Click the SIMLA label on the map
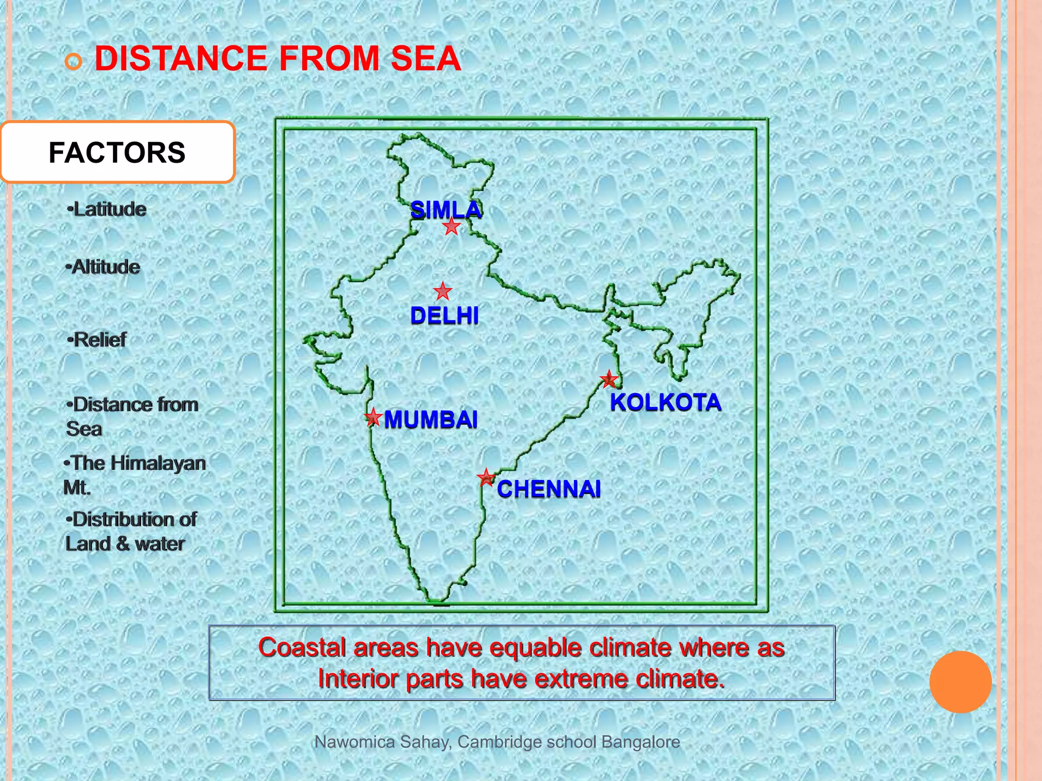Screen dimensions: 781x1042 tap(446, 209)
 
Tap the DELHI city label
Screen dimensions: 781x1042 tap(444, 316)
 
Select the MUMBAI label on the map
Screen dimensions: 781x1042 tap(430, 419)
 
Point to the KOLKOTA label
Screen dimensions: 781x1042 tap(665, 402)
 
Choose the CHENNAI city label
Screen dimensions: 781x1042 tap(548, 489)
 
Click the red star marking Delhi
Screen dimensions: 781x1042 tap(443, 291)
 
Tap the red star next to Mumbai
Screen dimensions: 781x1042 tap(373, 417)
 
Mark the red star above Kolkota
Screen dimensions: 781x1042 tap(609, 379)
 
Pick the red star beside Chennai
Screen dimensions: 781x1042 tap(486, 477)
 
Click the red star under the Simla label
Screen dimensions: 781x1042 tap(451, 226)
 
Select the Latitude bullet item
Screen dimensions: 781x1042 tap(107, 209)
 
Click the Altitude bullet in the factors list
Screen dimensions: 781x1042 tap(103, 267)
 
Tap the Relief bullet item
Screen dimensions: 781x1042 tap(97, 340)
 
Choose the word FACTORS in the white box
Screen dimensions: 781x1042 tap(117, 153)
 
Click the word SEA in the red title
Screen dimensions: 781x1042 tap(426, 58)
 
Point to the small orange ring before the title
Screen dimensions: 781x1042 tap(73, 62)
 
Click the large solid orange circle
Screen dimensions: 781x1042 tap(960, 682)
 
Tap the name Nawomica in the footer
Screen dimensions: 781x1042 tap(355, 742)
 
